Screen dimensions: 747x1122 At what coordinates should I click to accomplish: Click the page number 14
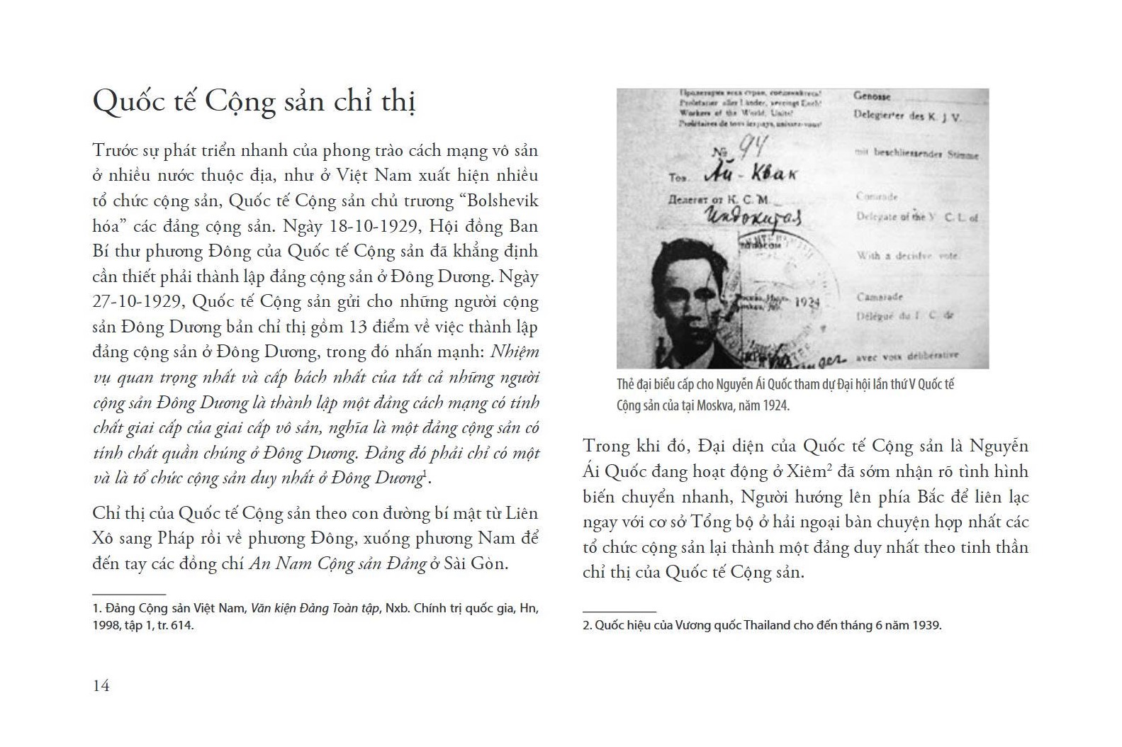pyautogui.click(x=101, y=685)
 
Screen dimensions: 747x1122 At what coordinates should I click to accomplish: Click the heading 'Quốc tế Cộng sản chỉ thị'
pyautogui.click(x=254, y=101)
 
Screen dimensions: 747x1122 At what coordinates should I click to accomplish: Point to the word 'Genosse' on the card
pyautogui.click(x=872, y=96)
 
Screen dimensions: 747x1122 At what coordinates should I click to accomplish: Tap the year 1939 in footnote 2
pyautogui.click(x=926, y=626)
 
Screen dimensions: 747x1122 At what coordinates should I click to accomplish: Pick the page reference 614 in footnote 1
pyautogui.click(x=181, y=626)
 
